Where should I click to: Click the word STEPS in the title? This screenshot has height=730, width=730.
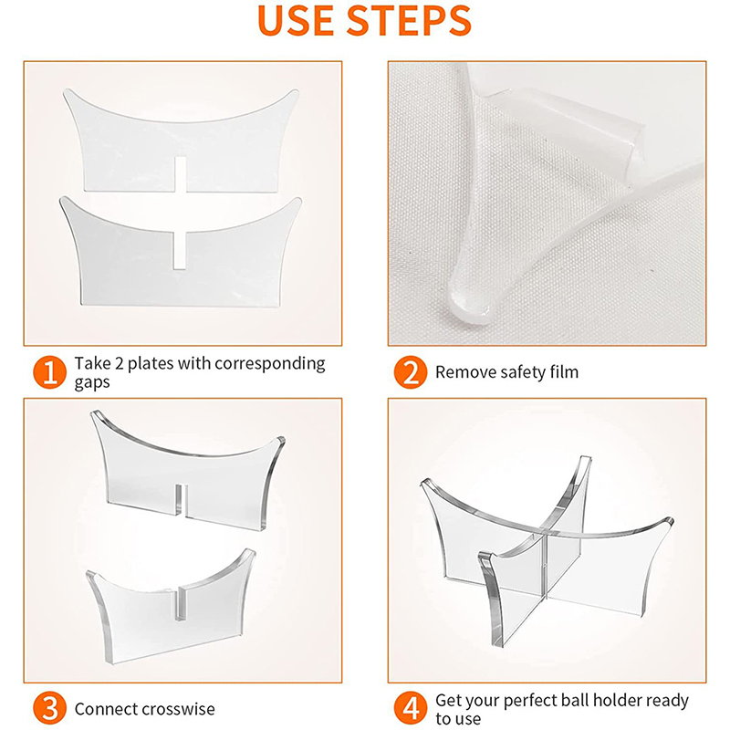(x=410, y=20)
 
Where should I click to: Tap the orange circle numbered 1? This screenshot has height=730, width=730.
(x=50, y=372)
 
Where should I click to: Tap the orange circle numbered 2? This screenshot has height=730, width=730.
(x=410, y=372)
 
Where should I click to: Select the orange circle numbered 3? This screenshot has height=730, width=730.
(x=50, y=709)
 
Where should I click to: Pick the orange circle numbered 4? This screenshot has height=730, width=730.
(x=410, y=709)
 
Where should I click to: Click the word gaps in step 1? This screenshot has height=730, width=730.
(x=92, y=383)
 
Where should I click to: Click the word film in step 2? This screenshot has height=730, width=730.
(x=564, y=372)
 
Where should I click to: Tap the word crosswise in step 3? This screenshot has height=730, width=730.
(x=178, y=709)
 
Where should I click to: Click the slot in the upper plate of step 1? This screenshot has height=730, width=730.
(x=181, y=174)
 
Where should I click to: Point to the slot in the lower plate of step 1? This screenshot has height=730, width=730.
(x=179, y=250)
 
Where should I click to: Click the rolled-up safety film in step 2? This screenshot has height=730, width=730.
(x=566, y=126)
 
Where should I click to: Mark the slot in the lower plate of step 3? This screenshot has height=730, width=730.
(x=179, y=604)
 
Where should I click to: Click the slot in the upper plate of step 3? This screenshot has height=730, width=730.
(x=181, y=500)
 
